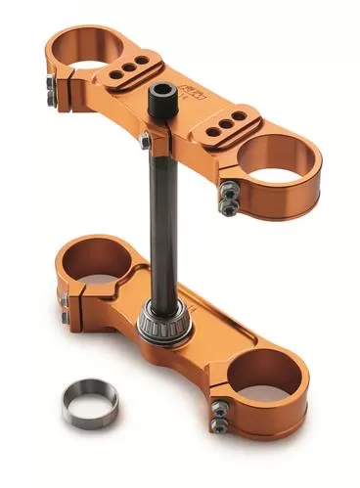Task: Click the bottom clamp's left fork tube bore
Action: (93, 262)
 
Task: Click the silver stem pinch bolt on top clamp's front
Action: (145, 143)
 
